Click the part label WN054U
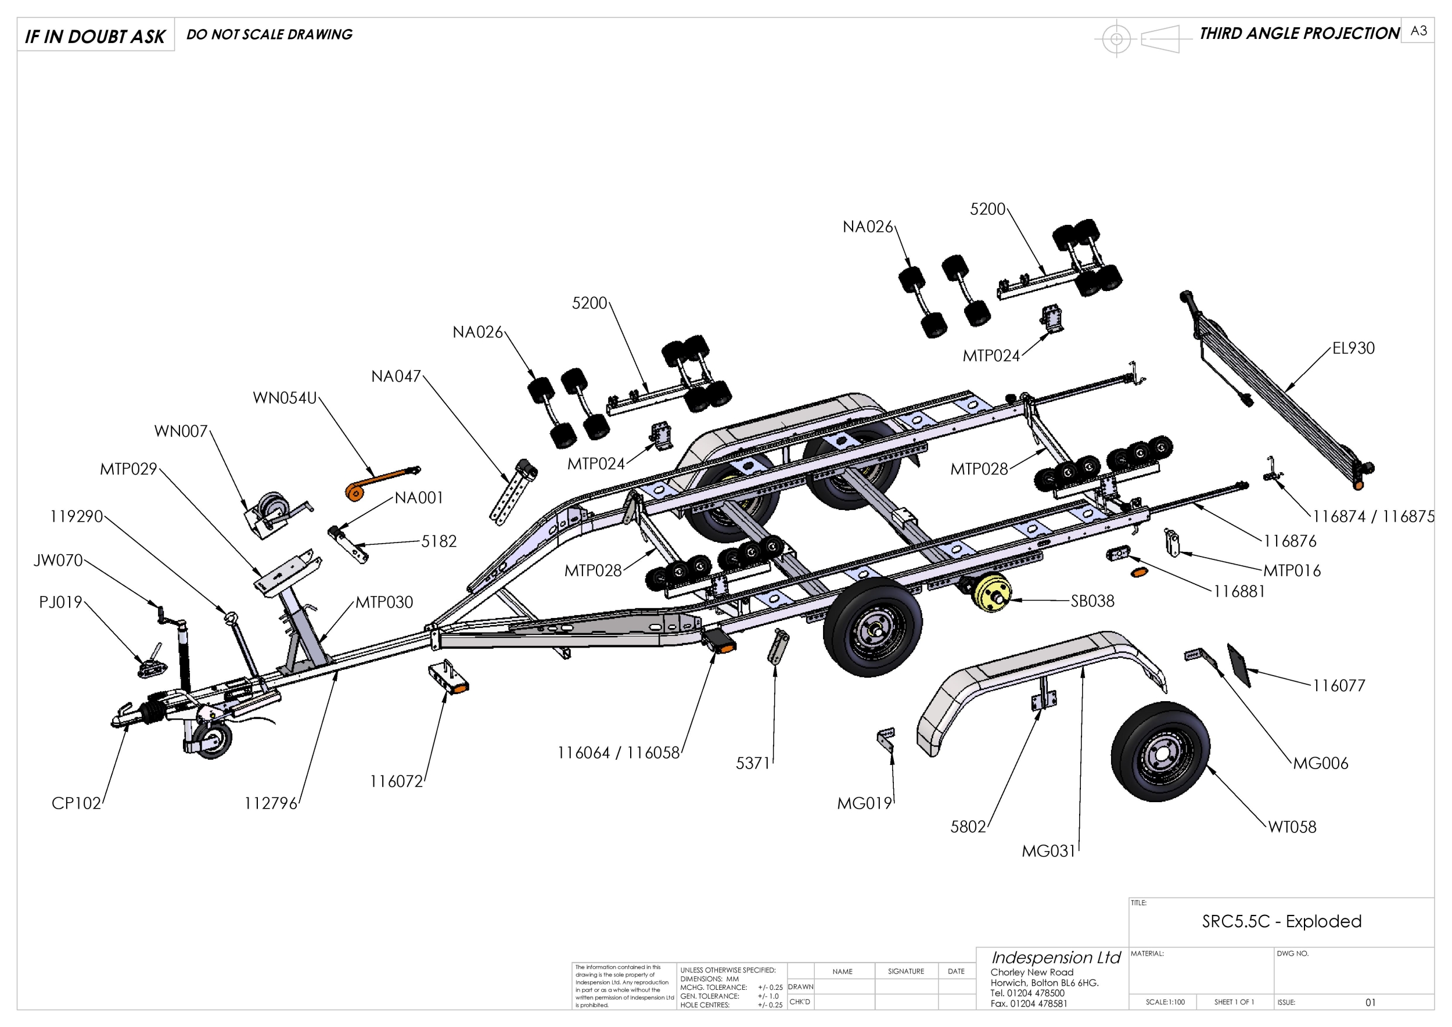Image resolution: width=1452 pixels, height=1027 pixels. tap(285, 398)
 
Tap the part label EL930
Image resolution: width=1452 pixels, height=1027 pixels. tap(1353, 349)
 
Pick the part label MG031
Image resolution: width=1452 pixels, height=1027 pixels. tap(1048, 851)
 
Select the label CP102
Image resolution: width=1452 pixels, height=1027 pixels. tap(76, 803)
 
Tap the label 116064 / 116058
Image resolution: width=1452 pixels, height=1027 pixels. tap(618, 753)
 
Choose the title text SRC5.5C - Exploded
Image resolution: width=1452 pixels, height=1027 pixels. tap(1281, 921)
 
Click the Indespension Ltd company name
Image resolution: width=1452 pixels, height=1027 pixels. tap(1055, 957)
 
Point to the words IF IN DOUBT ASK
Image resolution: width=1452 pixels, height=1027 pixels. tap(95, 37)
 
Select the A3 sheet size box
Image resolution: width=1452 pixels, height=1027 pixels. tap(1418, 31)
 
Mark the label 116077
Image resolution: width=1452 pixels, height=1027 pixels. tap(1338, 685)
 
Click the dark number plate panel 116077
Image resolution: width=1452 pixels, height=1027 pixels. tap(1239, 665)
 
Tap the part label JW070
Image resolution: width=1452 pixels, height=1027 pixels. tap(58, 561)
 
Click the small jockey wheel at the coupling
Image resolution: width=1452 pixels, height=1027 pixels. tap(214, 741)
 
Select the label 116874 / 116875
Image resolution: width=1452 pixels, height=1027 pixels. tap(1373, 516)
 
